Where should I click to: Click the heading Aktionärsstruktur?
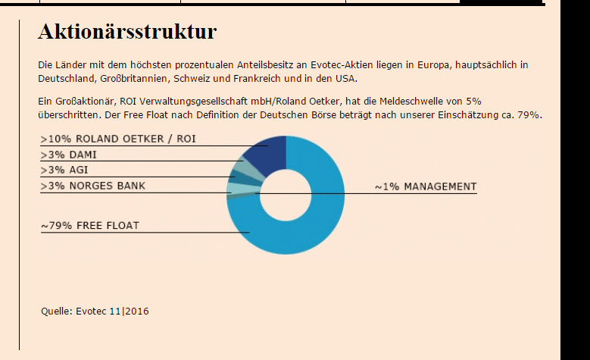click(127, 32)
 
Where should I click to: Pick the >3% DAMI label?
click(69, 155)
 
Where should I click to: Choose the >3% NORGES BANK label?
click(93, 186)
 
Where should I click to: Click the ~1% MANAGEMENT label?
click(426, 186)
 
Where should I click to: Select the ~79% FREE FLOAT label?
click(90, 225)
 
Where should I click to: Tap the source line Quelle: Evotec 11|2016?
click(95, 311)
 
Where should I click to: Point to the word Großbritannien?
click(133, 79)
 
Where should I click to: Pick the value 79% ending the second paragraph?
click(528, 114)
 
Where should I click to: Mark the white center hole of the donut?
click(286, 195)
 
